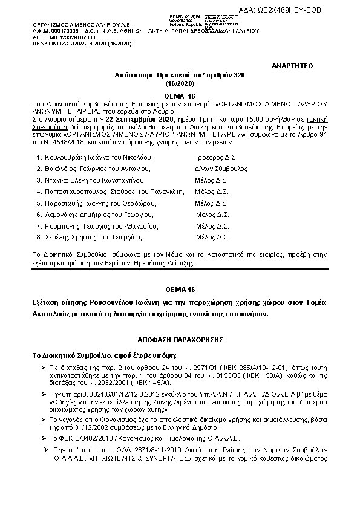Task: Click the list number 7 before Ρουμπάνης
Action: point(39,225)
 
